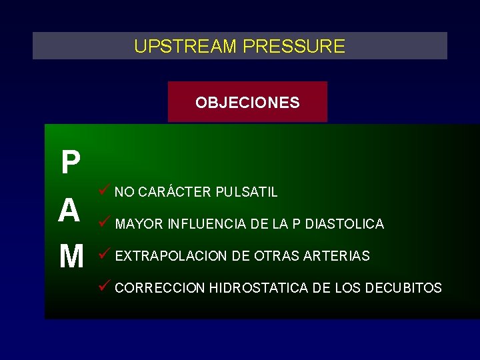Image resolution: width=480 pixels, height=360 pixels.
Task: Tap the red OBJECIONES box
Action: [247, 102]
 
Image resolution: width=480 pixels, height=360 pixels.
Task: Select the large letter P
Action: [70, 163]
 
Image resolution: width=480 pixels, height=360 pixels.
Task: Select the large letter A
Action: [69, 211]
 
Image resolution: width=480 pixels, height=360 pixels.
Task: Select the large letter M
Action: [71, 256]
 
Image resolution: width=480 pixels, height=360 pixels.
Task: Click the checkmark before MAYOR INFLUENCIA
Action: [103, 222]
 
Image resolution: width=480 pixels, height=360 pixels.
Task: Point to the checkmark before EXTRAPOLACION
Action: [103, 254]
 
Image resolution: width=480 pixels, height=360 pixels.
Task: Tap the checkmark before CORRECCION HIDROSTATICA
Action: [103, 287]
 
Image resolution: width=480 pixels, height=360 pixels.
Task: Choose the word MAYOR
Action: [139, 224]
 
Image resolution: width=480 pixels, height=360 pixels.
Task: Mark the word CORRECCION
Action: [159, 288]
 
